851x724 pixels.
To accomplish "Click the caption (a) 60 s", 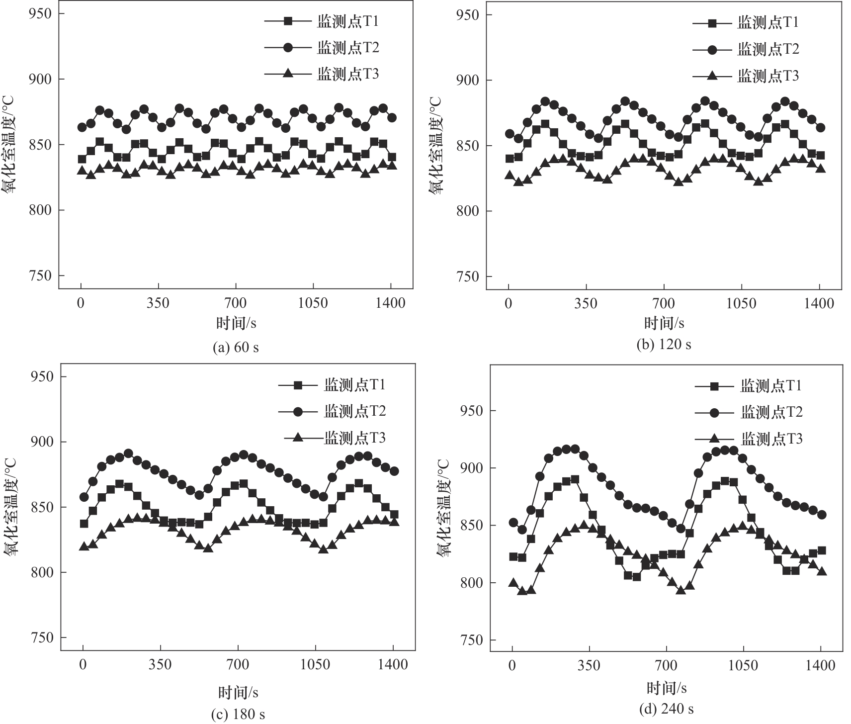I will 236,347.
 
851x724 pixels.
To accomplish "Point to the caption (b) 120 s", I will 664,344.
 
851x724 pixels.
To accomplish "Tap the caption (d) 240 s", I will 666,709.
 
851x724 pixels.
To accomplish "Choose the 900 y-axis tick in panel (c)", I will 42,442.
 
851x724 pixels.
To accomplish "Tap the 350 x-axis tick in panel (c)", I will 161,664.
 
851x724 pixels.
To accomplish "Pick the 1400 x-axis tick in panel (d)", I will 820,665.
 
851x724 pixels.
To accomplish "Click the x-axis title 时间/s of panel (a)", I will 236,324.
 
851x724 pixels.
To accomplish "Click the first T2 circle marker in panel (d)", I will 513,523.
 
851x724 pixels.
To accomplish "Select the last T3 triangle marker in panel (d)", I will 822,571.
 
